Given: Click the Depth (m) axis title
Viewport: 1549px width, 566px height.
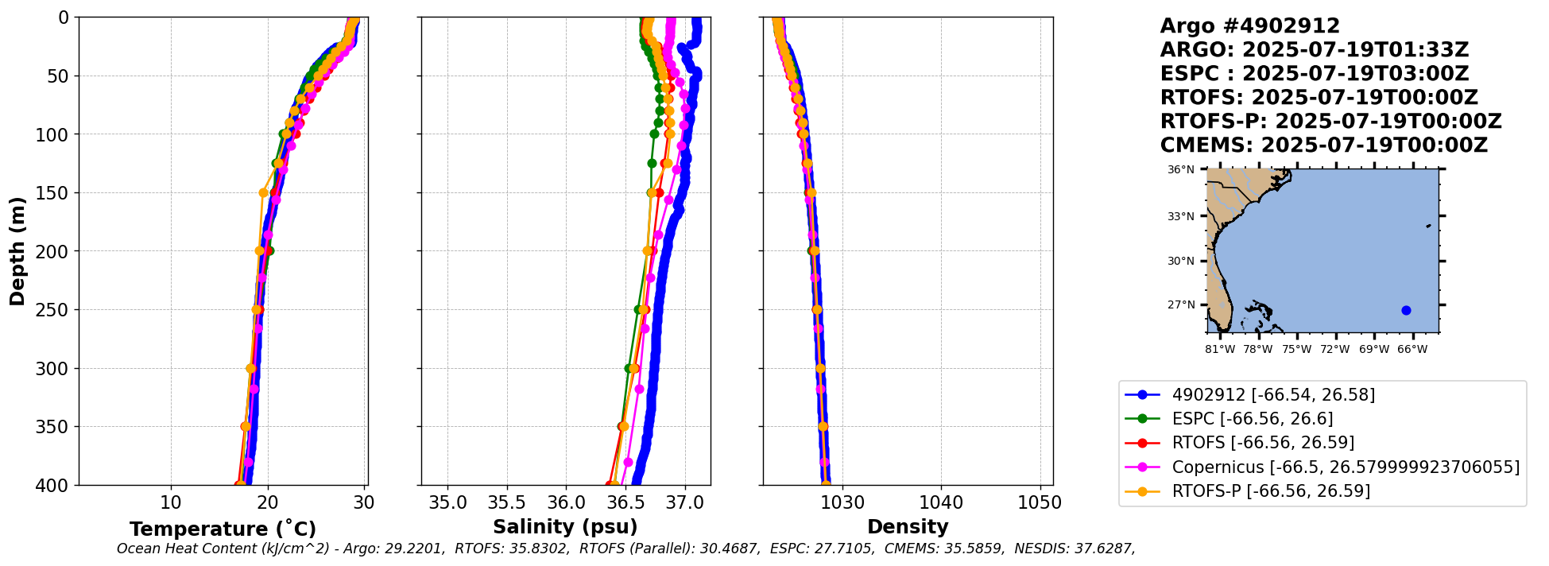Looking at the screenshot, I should pyautogui.click(x=17, y=251).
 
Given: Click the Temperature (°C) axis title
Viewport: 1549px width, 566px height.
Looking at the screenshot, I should pyautogui.click(x=223, y=529).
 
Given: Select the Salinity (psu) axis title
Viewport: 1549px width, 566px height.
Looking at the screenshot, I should pyautogui.click(x=565, y=527).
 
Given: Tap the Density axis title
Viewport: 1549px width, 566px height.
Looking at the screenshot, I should pyautogui.click(x=908, y=527).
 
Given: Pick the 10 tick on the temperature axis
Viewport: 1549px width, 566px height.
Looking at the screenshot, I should pyautogui.click(x=171, y=503).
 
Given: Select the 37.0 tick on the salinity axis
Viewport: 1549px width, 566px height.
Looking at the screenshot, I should pyautogui.click(x=684, y=503).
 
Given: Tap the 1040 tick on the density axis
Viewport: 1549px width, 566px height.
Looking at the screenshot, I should pyautogui.click(x=941, y=503).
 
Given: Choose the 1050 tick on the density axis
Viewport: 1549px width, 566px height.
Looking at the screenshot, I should pyautogui.click(x=1040, y=503).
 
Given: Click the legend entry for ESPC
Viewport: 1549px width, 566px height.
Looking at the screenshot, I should pyautogui.click(x=1253, y=419).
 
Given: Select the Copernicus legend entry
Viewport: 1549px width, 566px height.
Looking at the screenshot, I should pyautogui.click(x=1345, y=467).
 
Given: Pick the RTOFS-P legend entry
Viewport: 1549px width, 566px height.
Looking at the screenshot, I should pyautogui.click(x=1271, y=491).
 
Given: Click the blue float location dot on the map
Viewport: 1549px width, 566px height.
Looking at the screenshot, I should pyautogui.click(x=1406, y=310).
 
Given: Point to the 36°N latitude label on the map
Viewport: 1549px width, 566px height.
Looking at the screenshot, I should pyautogui.click(x=1181, y=170).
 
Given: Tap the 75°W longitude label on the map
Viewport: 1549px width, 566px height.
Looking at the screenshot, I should pyautogui.click(x=1296, y=350).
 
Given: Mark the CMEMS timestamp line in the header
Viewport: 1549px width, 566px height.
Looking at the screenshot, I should pyautogui.click(x=1323, y=145).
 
